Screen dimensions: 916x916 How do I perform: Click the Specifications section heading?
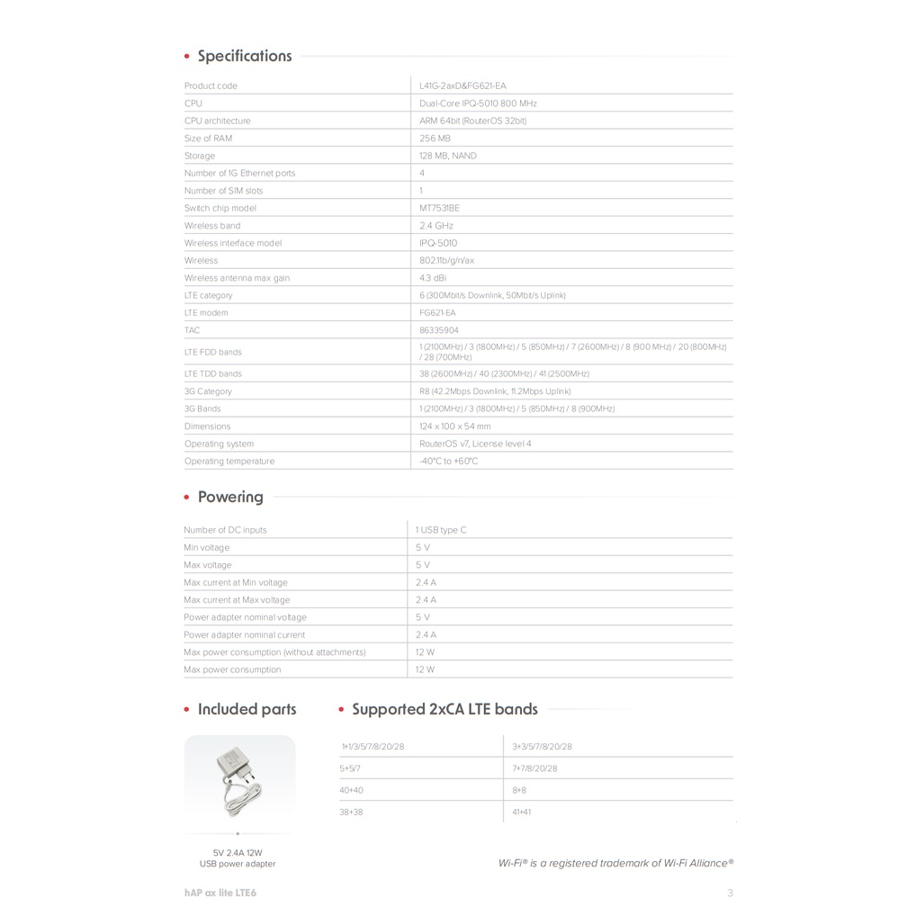pyautogui.click(x=244, y=56)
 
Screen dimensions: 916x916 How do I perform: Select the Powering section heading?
pyautogui.click(x=230, y=497)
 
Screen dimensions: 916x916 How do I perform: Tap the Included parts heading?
pyautogui.click(x=247, y=709)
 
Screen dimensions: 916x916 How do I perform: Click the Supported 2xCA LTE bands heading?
pyautogui.click(x=445, y=709)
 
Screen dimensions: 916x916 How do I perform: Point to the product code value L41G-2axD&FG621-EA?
pyautogui.click(x=462, y=85)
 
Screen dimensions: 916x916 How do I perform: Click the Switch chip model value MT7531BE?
pyautogui.click(x=439, y=208)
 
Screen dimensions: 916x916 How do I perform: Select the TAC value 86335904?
pyautogui.click(x=439, y=330)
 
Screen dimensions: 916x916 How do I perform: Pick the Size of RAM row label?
pyautogui.click(x=208, y=139)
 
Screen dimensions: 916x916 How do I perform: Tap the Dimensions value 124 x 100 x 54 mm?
pyautogui.click(x=455, y=427)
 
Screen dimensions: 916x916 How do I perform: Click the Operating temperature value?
pyautogui.click(x=449, y=462)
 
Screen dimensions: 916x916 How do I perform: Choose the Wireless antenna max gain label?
pyautogui.click(x=237, y=278)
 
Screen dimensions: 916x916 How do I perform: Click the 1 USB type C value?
pyautogui.click(x=441, y=530)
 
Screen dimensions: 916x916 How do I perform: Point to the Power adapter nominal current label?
pyautogui.click(x=244, y=635)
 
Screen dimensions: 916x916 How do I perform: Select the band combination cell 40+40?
pyautogui.click(x=352, y=790)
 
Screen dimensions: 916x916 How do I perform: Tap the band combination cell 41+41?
pyautogui.click(x=522, y=812)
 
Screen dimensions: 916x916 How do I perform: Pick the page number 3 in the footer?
pyautogui.click(x=730, y=894)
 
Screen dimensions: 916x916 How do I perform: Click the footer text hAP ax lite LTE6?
pyautogui.click(x=213, y=893)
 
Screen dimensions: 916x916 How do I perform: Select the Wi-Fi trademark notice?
pyautogui.click(x=615, y=863)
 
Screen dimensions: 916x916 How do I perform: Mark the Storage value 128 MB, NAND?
pyautogui.click(x=448, y=156)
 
